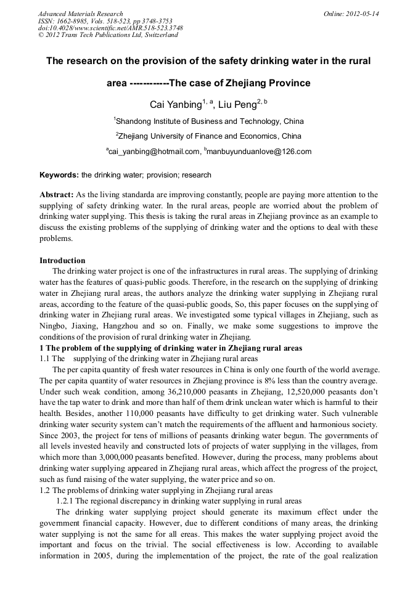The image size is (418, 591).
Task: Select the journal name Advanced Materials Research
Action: coord(81,14)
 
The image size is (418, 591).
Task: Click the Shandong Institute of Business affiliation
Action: coord(209,121)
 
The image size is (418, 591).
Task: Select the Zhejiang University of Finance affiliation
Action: coord(209,136)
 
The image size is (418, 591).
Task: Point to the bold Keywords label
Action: coord(59,175)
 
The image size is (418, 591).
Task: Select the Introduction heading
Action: coord(62,261)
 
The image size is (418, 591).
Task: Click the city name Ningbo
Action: coord(52,326)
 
